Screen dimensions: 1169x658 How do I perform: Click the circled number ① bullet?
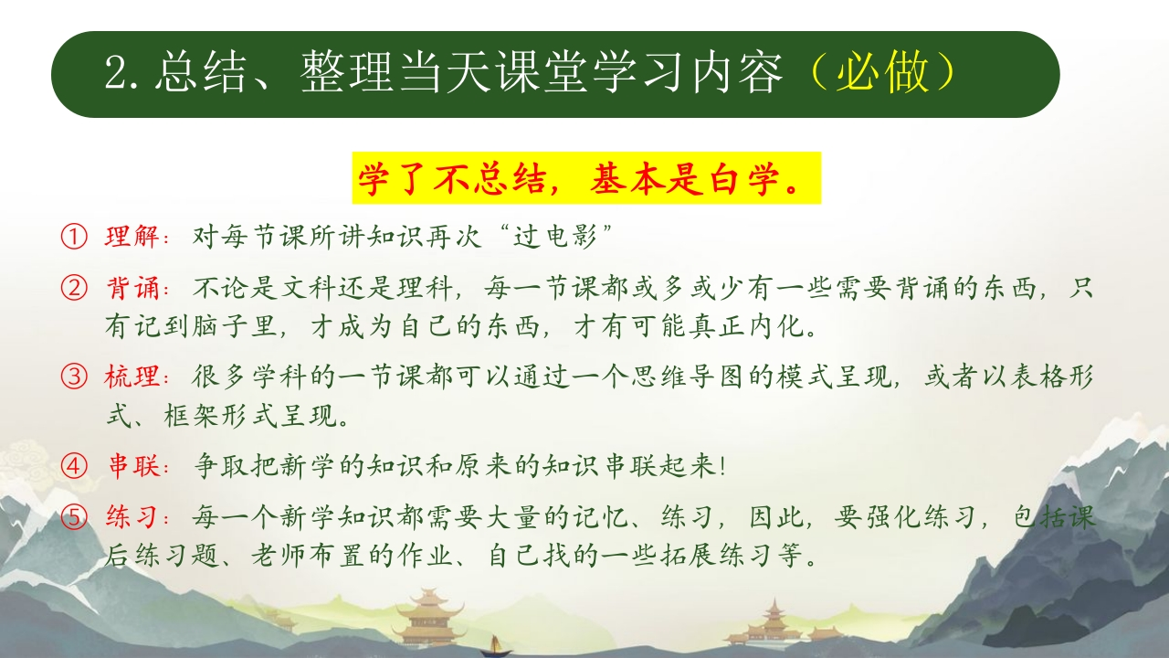coord(74,237)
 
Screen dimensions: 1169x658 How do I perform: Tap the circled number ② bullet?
coord(74,288)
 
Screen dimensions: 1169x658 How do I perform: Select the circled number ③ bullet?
coord(74,377)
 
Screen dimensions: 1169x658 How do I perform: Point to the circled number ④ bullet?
coord(74,465)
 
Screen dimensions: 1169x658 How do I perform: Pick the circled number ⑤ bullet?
coord(74,517)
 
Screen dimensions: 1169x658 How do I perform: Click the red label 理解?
coord(132,237)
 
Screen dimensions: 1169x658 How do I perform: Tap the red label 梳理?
coord(132,377)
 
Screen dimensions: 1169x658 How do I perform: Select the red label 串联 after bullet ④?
coord(133,465)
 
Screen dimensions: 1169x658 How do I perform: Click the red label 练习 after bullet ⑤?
coord(132,517)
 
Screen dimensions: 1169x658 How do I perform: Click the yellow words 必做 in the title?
coord(882,72)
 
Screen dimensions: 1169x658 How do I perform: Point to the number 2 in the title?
coord(116,74)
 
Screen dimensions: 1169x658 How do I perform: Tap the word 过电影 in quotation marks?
coord(554,237)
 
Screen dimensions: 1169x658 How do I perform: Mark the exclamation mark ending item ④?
coord(721,466)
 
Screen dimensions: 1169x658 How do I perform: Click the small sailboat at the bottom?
coord(495,646)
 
